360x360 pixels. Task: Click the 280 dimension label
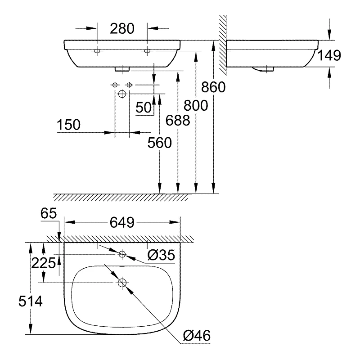[x=122, y=29]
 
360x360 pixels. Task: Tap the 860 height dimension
[x=213, y=87]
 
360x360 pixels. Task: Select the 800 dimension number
[x=196, y=106]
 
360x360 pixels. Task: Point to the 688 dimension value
[x=178, y=120]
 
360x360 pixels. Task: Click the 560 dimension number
[x=160, y=143]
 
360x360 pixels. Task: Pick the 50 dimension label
[x=144, y=108]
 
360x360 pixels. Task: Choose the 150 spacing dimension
[x=69, y=125]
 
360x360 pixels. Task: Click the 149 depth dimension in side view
[x=329, y=55]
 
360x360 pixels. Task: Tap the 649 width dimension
[x=122, y=222]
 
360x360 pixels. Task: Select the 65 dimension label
[x=49, y=213]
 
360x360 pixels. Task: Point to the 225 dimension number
[x=43, y=263]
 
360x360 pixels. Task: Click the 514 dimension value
[x=31, y=301]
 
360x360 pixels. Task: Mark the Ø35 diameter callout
[x=161, y=255]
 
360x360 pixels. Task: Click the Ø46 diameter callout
[x=197, y=336]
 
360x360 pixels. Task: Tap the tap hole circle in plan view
[x=122, y=254]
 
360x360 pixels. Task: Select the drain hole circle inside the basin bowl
[x=122, y=283]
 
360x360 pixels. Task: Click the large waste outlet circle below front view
[x=122, y=94]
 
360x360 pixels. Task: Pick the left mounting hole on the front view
[x=97, y=51]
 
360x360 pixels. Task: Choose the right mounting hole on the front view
[x=147, y=51]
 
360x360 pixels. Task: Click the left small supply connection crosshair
[x=115, y=85]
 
